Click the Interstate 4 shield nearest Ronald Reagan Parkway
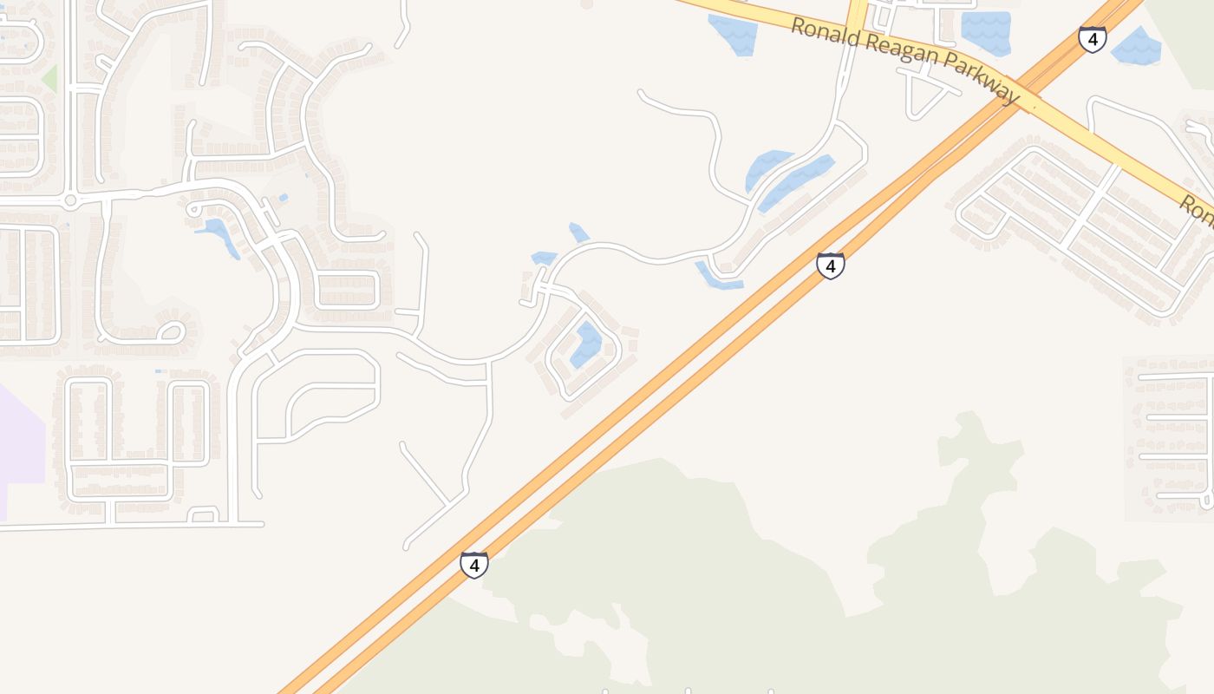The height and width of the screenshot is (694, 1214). (1092, 39)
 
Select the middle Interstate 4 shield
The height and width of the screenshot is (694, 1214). (830, 265)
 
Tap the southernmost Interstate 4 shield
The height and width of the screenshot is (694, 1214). (473, 565)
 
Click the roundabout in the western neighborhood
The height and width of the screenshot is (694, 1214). (70, 200)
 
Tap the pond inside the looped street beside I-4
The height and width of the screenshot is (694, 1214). (586, 344)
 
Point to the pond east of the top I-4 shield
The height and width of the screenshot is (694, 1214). (1136, 47)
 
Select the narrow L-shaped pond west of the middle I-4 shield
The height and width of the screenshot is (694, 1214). (716, 276)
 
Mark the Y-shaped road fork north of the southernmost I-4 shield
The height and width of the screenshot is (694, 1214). (447, 501)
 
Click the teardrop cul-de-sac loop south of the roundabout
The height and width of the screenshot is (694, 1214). (170, 331)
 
